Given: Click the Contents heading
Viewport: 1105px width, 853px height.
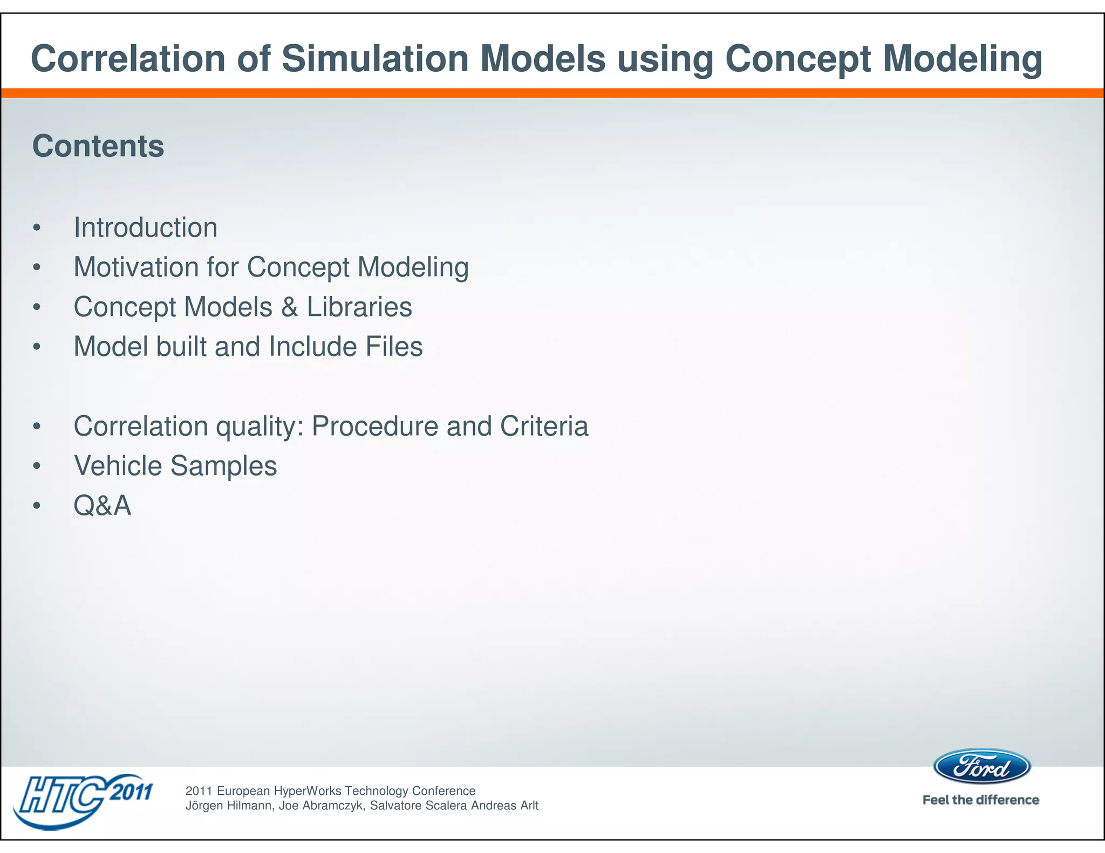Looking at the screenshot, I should [x=98, y=146].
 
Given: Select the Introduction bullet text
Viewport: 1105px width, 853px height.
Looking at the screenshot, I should [x=146, y=228].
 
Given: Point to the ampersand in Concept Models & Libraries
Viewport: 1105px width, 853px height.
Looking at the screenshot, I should [x=290, y=307].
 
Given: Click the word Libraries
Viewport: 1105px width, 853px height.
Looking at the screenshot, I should [x=359, y=307].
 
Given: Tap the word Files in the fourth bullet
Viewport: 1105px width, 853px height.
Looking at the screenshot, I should [x=394, y=347].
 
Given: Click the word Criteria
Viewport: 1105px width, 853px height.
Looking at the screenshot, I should [x=544, y=426].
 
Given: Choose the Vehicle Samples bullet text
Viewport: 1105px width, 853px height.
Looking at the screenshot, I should [x=175, y=466].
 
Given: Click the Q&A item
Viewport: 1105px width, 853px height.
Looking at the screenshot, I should [x=103, y=506].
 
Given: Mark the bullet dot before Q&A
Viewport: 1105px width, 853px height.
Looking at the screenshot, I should [x=37, y=506].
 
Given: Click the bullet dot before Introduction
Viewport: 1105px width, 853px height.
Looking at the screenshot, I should [x=37, y=228].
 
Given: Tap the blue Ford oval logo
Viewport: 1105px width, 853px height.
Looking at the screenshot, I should [x=982, y=767].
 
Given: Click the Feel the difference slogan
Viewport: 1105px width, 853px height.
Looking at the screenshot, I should [x=981, y=800].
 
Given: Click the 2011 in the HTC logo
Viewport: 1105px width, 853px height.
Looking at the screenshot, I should [x=131, y=793].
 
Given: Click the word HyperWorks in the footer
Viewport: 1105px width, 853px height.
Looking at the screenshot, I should [x=308, y=791].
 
